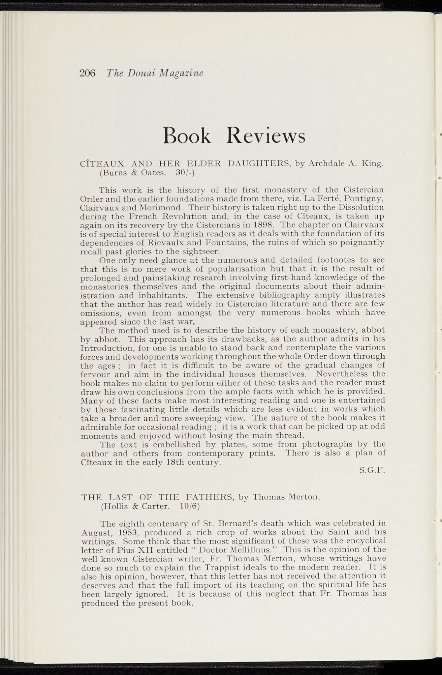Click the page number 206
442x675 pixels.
(87, 73)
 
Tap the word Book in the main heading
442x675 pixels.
(187, 136)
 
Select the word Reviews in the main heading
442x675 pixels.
(266, 136)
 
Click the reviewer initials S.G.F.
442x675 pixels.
(372, 471)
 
